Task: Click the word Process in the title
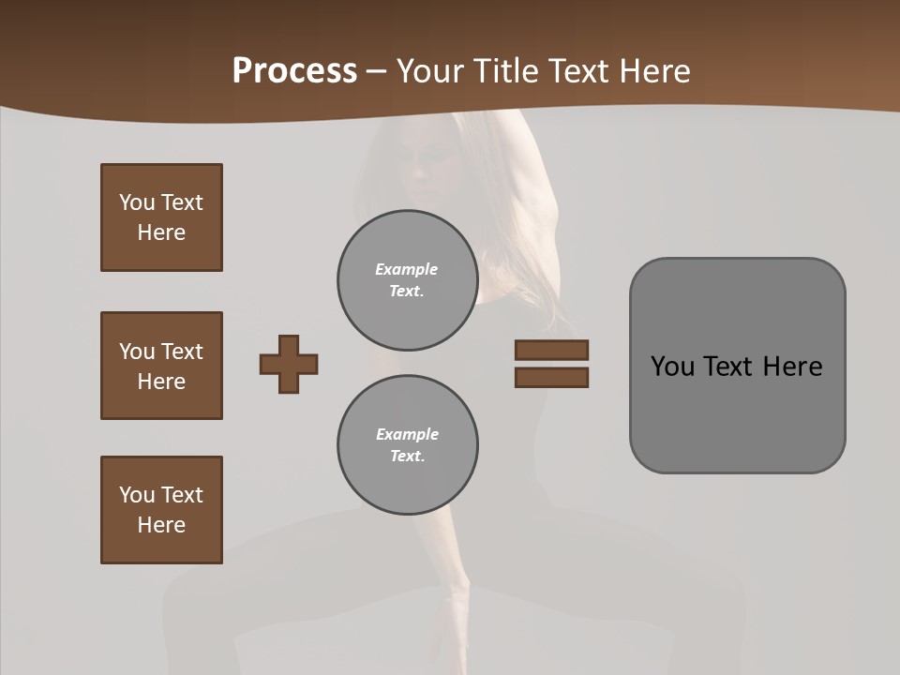(x=294, y=70)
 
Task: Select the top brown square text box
(x=161, y=217)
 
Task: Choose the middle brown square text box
(x=161, y=366)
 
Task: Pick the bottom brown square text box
(x=161, y=510)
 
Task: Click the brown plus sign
(x=289, y=364)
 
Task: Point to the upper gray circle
(x=407, y=279)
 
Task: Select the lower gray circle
(x=407, y=444)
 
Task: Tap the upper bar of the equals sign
(x=551, y=350)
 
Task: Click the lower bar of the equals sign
(x=551, y=377)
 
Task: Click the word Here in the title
(x=653, y=71)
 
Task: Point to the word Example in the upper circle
(x=407, y=269)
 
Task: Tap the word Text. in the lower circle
(x=407, y=456)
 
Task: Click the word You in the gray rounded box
(x=672, y=367)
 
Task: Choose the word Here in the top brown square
(x=161, y=232)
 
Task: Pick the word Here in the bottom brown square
(x=161, y=525)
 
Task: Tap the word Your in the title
(x=433, y=71)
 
